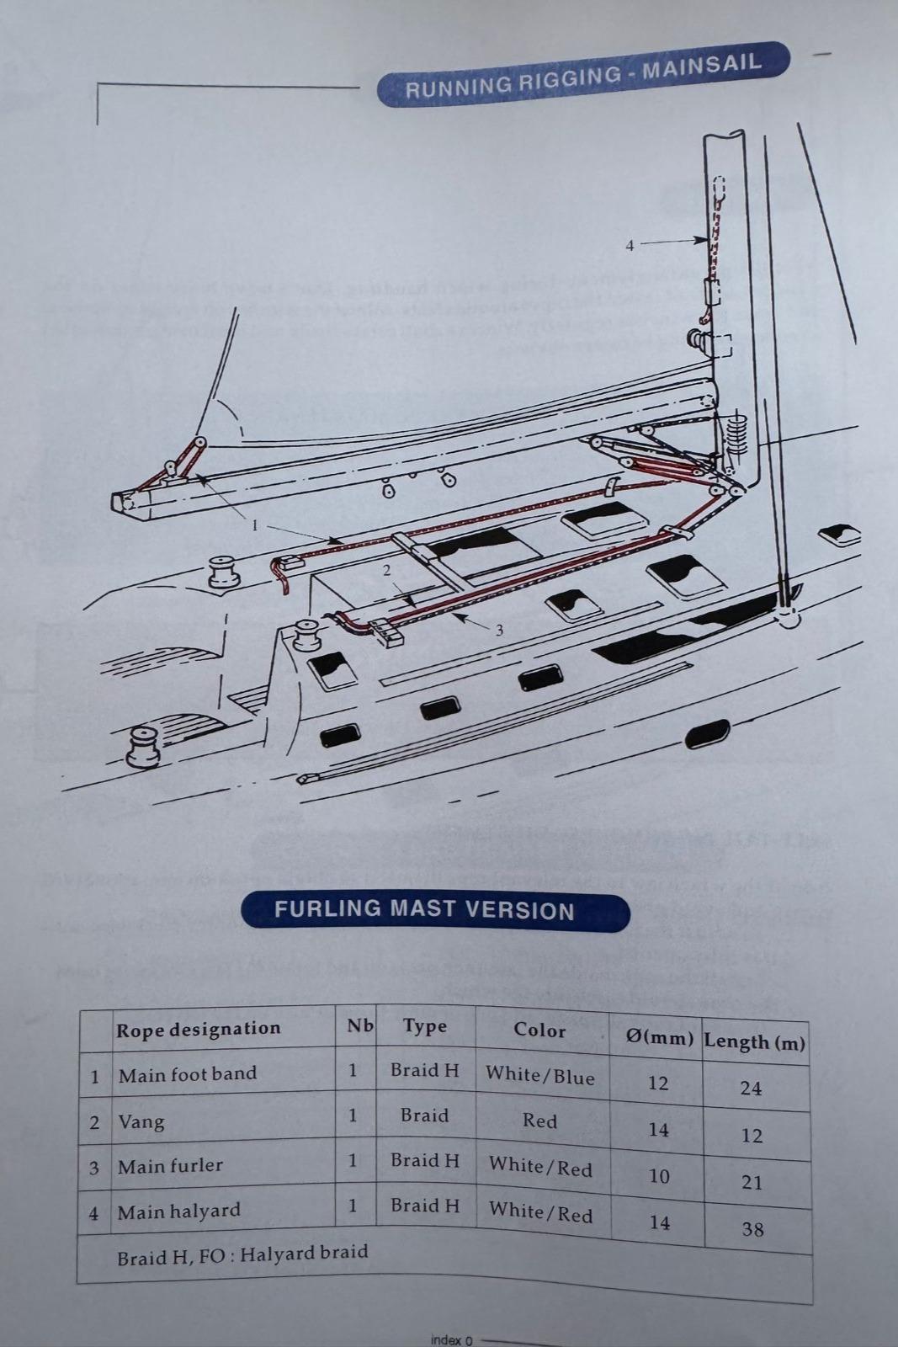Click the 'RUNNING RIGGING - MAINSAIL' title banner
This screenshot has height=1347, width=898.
pyautogui.click(x=582, y=75)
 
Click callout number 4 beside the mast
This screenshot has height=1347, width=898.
pyautogui.click(x=630, y=246)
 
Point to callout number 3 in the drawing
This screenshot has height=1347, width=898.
pyautogui.click(x=499, y=630)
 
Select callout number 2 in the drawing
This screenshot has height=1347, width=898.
pyautogui.click(x=386, y=570)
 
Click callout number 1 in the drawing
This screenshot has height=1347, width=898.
pyautogui.click(x=255, y=526)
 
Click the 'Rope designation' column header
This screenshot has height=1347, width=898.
pyautogui.click(x=198, y=1029)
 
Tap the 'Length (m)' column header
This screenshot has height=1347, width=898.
pyautogui.click(x=754, y=1041)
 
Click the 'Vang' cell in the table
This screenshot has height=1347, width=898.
pyautogui.click(x=141, y=1121)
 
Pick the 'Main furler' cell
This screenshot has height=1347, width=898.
pyautogui.click(x=170, y=1166)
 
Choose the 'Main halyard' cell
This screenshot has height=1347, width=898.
pyautogui.click(x=178, y=1211)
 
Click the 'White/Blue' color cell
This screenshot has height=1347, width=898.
pyautogui.click(x=540, y=1075)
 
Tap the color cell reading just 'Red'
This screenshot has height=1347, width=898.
pyautogui.click(x=539, y=1121)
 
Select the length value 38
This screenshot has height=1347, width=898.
pyautogui.click(x=752, y=1229)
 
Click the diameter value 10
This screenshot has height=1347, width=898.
pyautogui.click(x=659, y=1175)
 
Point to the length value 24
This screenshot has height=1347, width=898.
pyautogui.click(x=751, y=1088)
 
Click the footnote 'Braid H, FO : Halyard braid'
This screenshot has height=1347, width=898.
pyautogui.click(x=242, y=1254)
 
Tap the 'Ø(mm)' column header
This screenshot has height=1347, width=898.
pyautogui.click(x=660, y=1037)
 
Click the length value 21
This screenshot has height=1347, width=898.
pyautogui.click(x=752, y=1182)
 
